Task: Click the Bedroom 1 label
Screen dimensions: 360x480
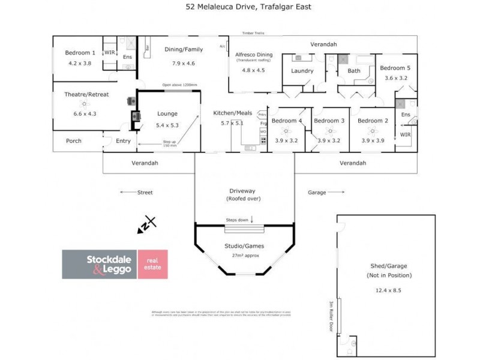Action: (80, 53)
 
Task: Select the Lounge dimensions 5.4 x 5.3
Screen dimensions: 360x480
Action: (167, 126)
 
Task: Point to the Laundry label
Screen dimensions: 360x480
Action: (302, 71)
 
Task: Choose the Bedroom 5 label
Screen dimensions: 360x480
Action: (395, 68)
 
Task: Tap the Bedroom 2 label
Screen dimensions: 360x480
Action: (373, 121)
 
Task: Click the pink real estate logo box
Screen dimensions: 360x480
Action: (153, 265)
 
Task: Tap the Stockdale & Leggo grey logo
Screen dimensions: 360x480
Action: (99, 265)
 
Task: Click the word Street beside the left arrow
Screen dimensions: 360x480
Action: (145, 193)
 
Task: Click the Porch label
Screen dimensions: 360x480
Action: (74, 141)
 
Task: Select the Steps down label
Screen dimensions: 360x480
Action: (238, 220)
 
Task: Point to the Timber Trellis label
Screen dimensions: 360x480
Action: (253, 34)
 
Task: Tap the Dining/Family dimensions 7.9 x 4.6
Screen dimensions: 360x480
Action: (184, 63)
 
